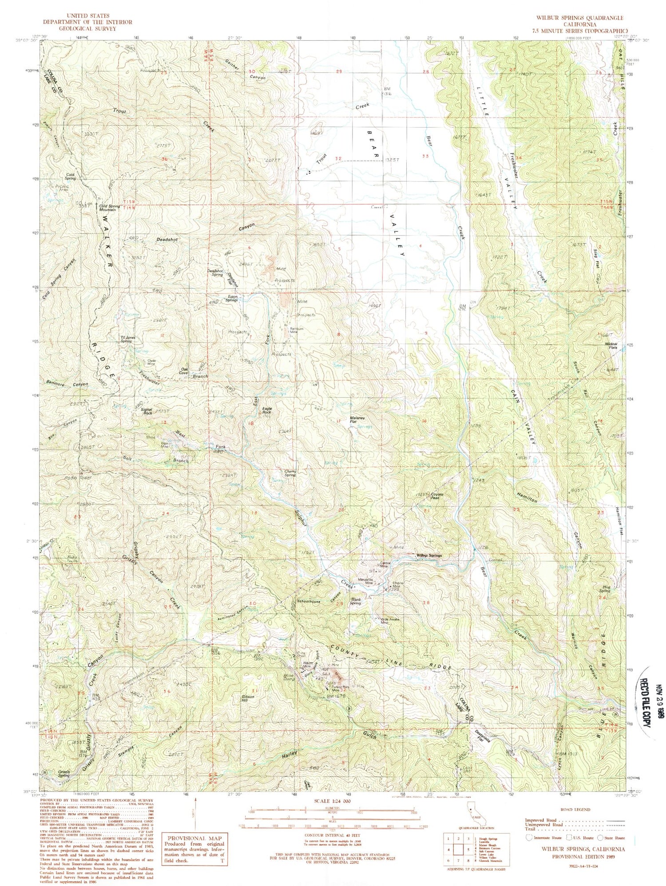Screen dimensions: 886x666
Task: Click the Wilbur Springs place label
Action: pos(428,556)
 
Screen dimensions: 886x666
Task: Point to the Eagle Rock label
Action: pos(266,410)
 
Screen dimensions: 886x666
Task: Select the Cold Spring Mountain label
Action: pos(109,207)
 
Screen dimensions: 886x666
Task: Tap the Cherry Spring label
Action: pos(290,473)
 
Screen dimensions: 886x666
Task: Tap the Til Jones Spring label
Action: pos(126,339)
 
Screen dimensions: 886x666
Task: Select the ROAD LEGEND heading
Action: pos(576,809)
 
